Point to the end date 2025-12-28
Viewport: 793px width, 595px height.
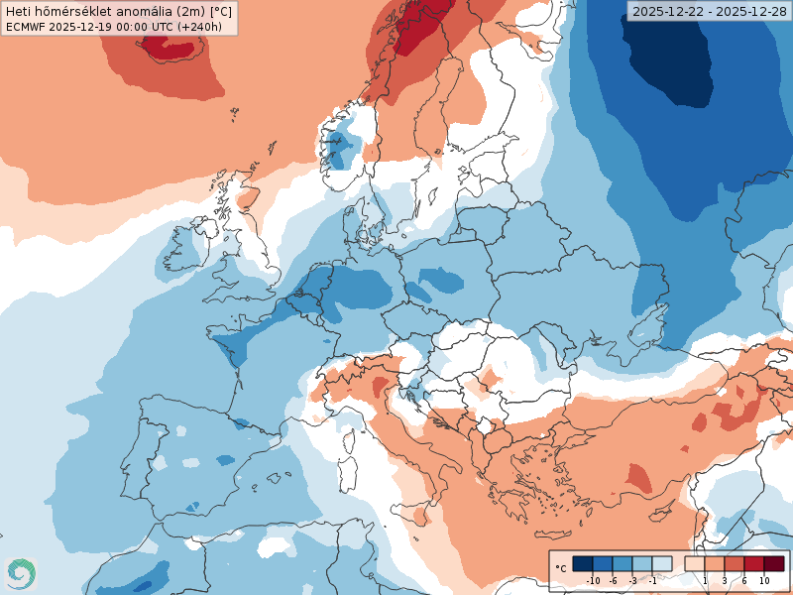pos(750,11)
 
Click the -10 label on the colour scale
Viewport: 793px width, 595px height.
pos(594,580)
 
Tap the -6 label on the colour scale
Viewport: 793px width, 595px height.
pos(614,580)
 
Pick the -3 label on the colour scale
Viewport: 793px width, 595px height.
pos(632,580)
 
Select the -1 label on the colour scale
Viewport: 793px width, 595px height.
pos(652,580)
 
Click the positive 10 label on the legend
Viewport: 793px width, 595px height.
pos(764,580)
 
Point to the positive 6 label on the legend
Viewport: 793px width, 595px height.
pos(744,580)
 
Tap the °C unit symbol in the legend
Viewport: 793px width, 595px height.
pos(561,568)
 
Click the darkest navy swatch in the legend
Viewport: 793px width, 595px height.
pos(583,563)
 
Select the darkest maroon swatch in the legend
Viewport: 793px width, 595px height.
pos(773,563)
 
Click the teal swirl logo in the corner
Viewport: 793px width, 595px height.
pos(19,572)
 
